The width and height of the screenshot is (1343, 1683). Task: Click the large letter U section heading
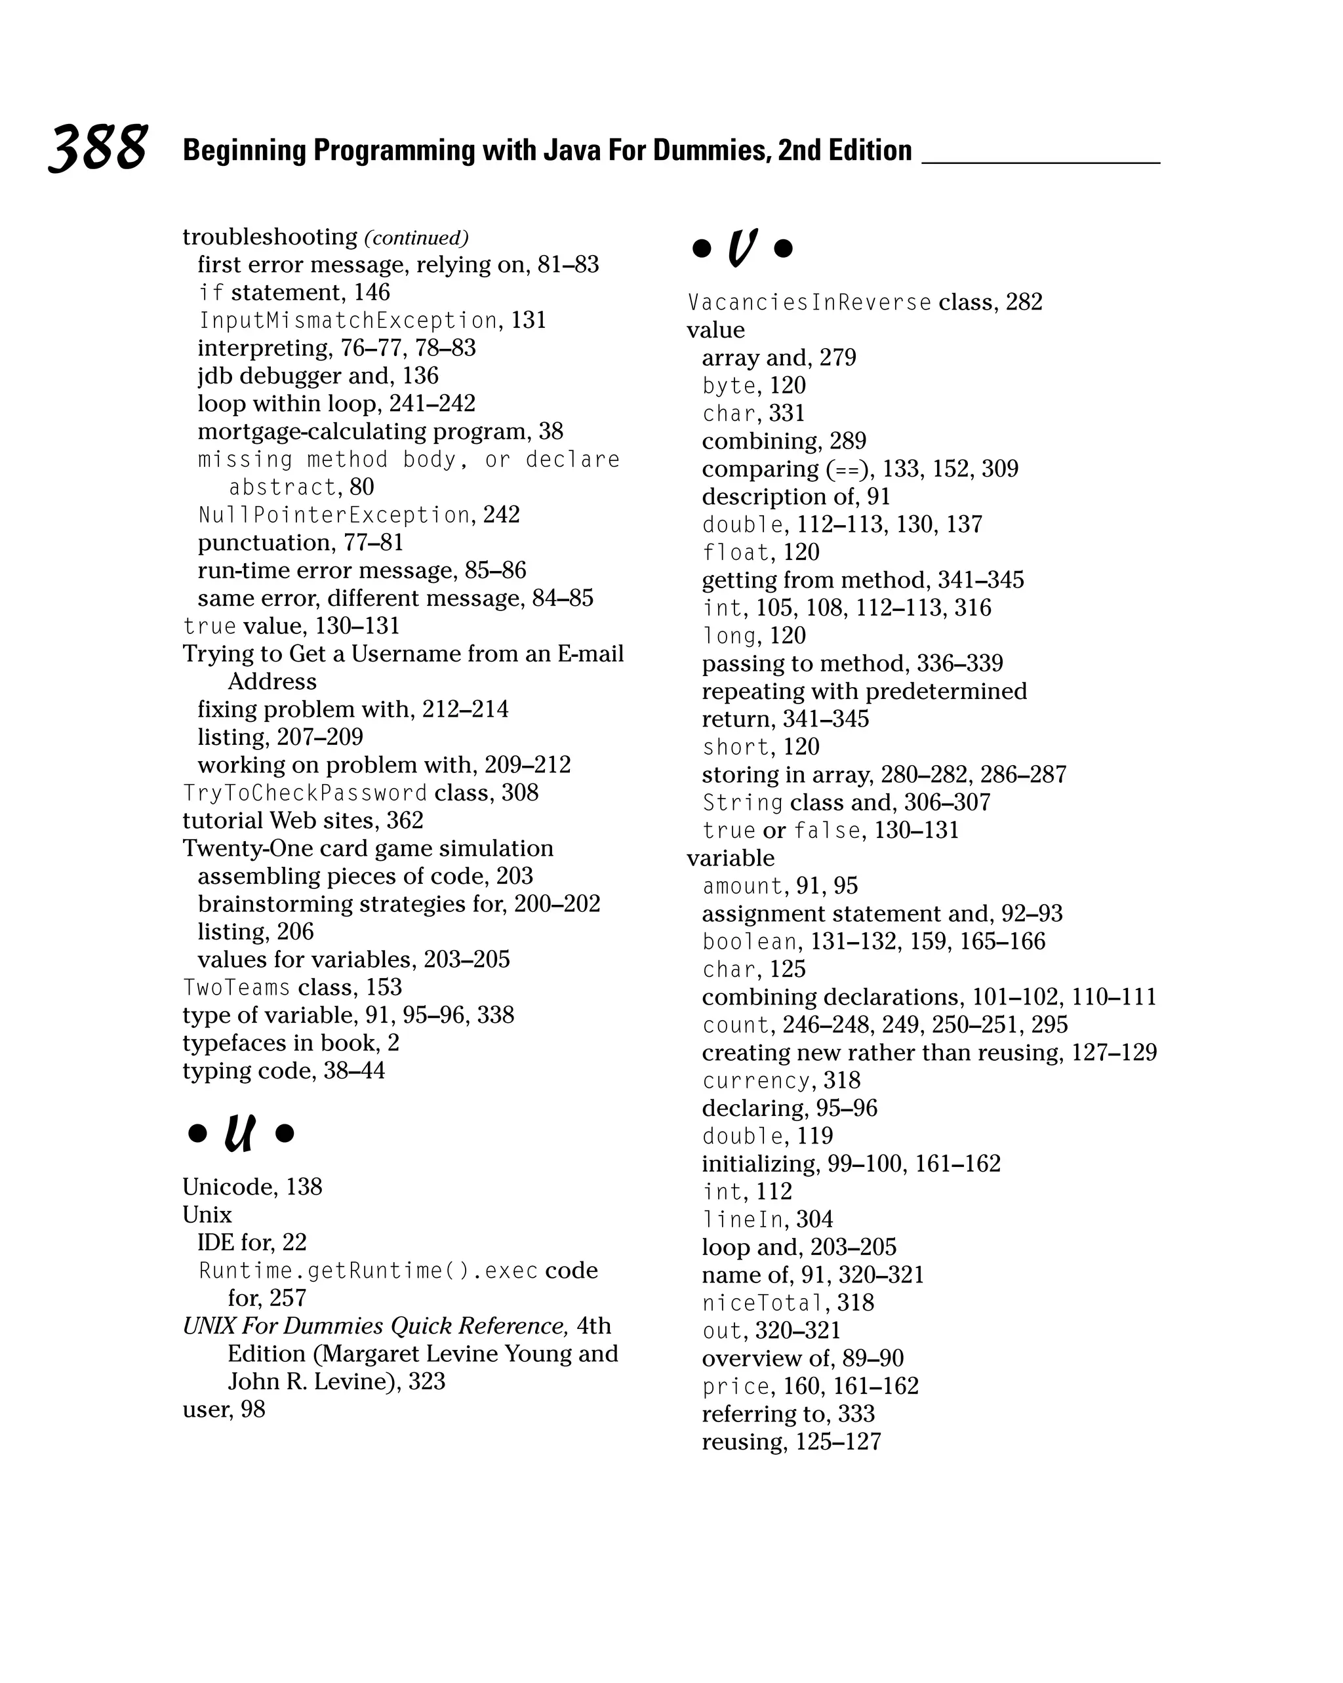[240, 1133]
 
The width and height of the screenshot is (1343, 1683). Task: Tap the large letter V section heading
[742, 248]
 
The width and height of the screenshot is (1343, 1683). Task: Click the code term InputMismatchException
[348, 320]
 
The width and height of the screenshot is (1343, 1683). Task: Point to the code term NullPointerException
[334, 515]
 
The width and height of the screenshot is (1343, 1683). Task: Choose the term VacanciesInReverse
[809, 302]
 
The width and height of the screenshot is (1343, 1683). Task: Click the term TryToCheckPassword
[304, 793]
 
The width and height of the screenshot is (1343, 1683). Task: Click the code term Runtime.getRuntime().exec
[368, 1271]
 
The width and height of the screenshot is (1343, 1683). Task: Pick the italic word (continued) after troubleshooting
[416, 237]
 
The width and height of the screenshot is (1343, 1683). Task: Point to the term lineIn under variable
[742, 1219]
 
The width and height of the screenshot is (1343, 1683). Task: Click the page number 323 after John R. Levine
[426, 1381]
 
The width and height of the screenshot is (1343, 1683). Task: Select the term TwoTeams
[236, 987]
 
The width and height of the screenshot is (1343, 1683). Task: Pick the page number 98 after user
[252, 1409]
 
